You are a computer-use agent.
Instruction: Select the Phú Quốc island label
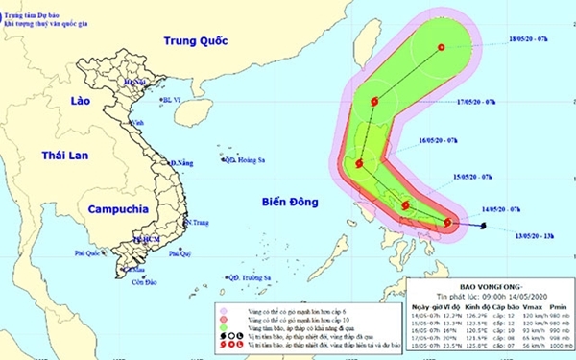88,252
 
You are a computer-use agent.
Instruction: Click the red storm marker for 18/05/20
442,47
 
